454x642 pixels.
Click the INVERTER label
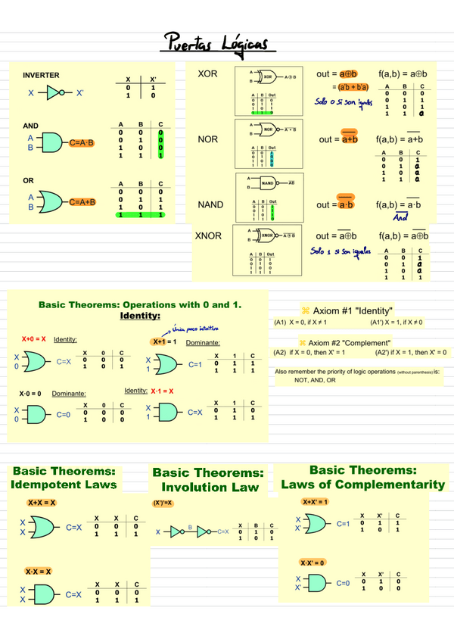(x=41, y=76)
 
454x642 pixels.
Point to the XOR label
(x=207, y=74)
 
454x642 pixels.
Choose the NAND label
(x=210, y=205)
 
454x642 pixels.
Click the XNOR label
(x=209, y=236)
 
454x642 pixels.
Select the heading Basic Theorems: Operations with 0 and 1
(x=139, y=304)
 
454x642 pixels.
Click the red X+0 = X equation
(x=33, y=339)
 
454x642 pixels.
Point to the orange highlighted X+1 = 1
(x=164, y=341)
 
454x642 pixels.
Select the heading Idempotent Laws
(x=64, y=484)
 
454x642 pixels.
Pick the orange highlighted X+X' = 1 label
(x=315, y=502)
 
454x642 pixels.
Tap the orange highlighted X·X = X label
(x=38, y=571)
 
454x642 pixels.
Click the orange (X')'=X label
(x=163, y=503)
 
